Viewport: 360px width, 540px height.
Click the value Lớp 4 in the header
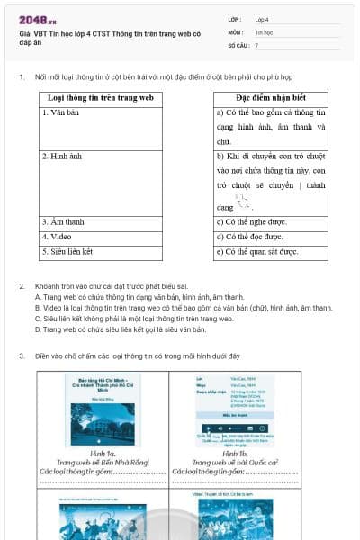[x=262, y=19]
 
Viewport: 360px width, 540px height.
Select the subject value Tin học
[x=263, y=31]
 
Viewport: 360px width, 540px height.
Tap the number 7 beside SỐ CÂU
[x=256, y=44]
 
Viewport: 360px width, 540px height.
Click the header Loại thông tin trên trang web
[x=100, y=97]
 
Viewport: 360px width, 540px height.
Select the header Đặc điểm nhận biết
[x=271, y=97]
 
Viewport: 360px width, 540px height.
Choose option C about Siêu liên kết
[x=134, y=318]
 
